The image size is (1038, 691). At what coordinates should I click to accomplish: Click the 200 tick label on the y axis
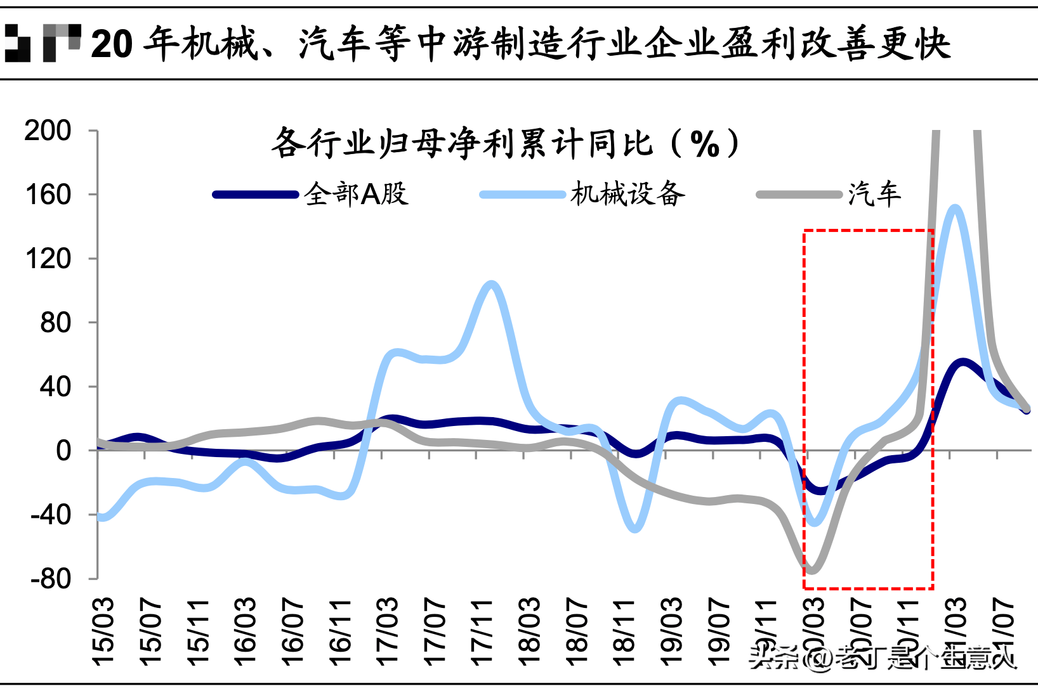coord(48,131)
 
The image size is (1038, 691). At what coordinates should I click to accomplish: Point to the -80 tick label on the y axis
coord(51,578)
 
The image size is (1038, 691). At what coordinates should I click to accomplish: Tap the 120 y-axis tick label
coord(48,259)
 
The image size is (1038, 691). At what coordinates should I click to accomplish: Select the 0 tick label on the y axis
coord(63,451)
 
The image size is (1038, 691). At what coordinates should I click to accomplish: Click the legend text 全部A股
coord(356,194)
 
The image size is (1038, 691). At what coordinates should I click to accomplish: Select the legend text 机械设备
coord(627,194)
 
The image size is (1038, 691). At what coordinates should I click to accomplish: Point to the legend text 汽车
coord(874,194)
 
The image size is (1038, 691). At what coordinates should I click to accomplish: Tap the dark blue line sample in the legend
coord(256,195)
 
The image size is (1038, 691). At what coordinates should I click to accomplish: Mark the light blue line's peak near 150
coord(955,208)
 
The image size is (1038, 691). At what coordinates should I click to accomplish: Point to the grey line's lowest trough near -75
coord(811,570)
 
